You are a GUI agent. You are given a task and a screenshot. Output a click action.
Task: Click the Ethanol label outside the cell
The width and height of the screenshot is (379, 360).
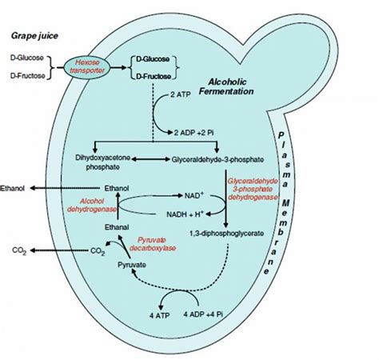point(17,189)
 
